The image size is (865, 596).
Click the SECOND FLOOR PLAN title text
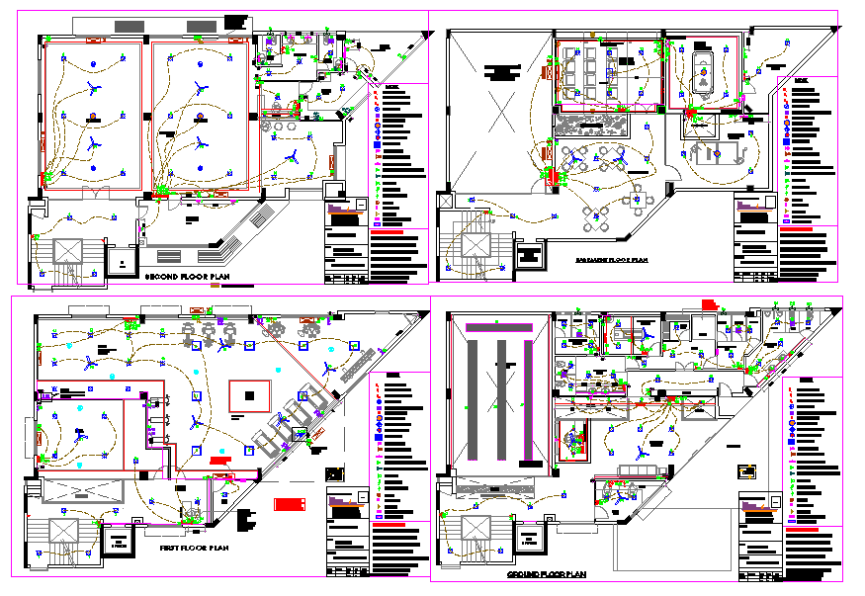[188, 278]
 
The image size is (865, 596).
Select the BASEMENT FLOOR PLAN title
[611, 260]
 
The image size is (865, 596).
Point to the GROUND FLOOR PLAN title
[547, 574]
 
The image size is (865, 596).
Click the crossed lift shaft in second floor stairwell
[68, 251]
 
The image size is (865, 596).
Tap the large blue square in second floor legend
[377, 146]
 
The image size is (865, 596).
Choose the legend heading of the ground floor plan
[807, 382]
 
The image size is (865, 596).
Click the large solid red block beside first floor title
[289, 504]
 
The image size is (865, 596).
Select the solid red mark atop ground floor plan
[708, 301]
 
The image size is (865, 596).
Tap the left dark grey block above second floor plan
[129, 23]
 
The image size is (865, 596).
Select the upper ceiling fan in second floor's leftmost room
[94, 89]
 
